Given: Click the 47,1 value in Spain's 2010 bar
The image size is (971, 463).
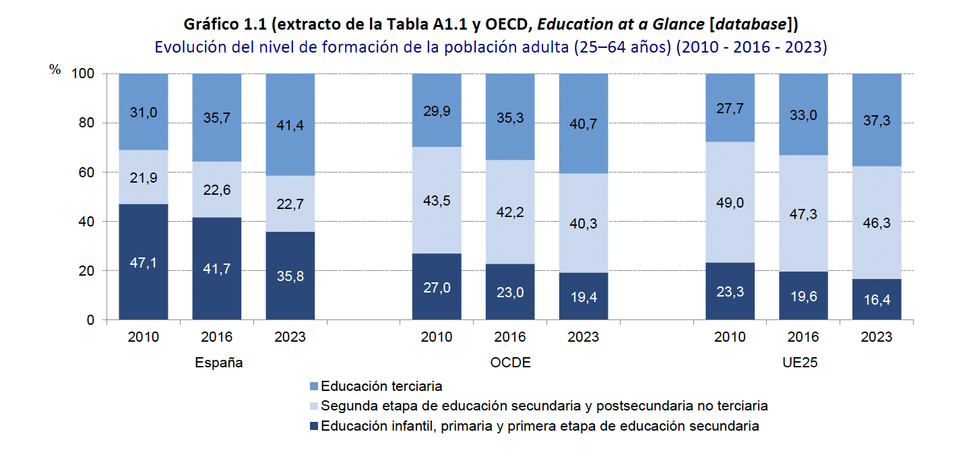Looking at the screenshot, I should pyautogui.click(x=143, y=264).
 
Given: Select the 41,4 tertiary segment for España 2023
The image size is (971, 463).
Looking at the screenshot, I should pyautogui.click(x=290, y=124).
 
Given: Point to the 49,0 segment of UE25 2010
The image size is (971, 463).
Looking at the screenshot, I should pyautogui.click(x=730, y=203).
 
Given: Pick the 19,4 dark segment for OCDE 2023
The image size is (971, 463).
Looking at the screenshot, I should pyautogui.click(x=584, y=296).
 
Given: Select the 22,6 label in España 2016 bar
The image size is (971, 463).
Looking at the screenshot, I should pyautogui.click(x=216, y=190).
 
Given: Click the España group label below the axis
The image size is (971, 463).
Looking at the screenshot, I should pyautogui.click(x=218, y=363).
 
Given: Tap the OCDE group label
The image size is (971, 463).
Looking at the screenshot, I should pyautogui.click(x=510, y=363).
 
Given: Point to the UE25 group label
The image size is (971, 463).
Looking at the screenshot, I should pyautogui.click(x=803, y=363).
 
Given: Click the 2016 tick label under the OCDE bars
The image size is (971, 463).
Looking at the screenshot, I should pyautogui.click(x=510, y=337).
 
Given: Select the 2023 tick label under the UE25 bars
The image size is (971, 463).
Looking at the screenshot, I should pyautogui.click(x=877, y=337).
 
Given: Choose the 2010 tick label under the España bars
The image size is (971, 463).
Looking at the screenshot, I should pyautogui.click(x=143, y=337).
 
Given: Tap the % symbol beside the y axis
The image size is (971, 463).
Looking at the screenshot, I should pyautogui.click(x=55, y=70).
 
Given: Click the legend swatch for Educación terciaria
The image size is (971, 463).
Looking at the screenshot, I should pyautogui.click(x=313, y=387).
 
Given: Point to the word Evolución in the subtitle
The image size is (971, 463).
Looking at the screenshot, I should pyautogui.click(x=186, y=48).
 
